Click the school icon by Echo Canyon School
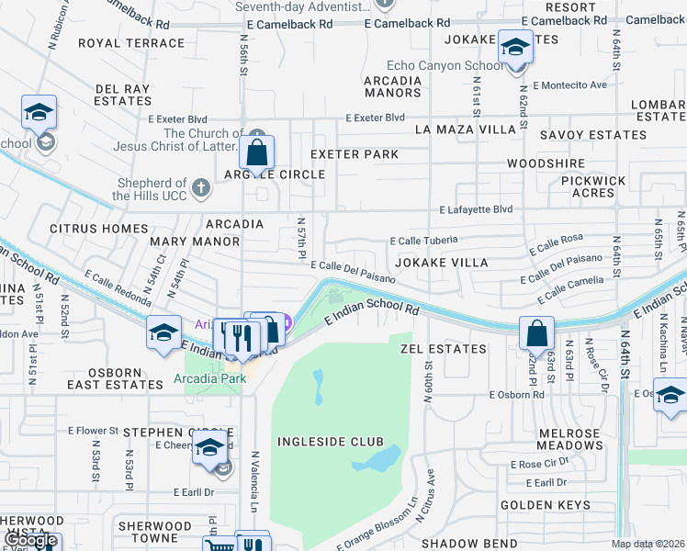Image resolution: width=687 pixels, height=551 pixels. pos(515,47)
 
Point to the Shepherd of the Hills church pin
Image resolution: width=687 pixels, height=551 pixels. pos(202,189)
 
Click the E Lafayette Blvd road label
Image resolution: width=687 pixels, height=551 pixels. pos(476,209)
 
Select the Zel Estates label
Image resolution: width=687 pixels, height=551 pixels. pos(444,349)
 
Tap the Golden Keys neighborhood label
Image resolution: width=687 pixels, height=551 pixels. pos(545,505)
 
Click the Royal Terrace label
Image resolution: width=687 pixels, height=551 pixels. pos(131,43)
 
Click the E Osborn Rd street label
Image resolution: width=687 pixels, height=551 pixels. pos(517,395)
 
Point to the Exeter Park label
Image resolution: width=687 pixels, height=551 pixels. pos(355,154)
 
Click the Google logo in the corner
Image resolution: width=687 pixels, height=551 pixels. pos(31,540)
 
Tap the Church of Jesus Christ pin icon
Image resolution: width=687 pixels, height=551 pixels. pos(254,137)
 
